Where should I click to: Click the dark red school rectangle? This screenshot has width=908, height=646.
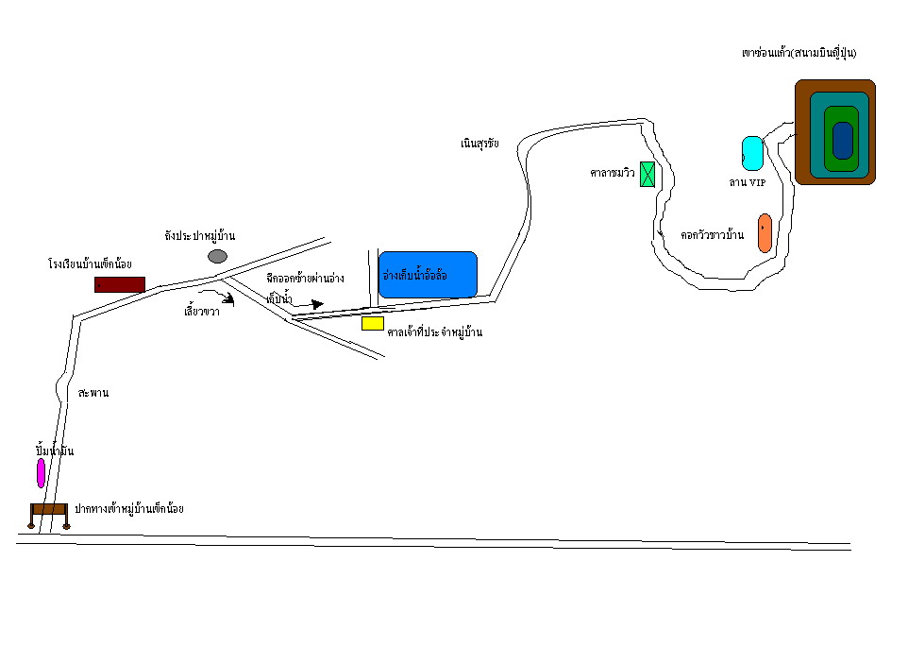pos(119,284)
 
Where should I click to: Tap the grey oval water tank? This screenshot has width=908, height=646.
pos(218,256)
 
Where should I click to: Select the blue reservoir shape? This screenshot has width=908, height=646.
pos(428,274)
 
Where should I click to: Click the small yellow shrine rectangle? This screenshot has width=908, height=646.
pos(373,323)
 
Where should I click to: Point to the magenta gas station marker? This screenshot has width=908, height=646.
pos(41,472)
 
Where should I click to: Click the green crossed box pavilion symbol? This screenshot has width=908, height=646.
pos(647,174)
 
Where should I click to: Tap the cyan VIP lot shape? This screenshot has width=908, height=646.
pos(752,152)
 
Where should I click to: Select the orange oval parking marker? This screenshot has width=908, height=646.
pos(765,233)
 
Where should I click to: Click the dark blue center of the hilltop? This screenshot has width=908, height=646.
pos(842,141)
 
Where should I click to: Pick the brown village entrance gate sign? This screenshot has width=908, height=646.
pos(49,511)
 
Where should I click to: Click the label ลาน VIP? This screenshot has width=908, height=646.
pos(747,182)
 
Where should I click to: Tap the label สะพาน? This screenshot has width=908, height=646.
pos(94,392)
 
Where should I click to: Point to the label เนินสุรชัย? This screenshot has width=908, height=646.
pos(479,144)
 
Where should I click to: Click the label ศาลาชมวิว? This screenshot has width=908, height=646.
pos(612,174)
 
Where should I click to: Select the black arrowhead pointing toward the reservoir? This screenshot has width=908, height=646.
pos(317,304)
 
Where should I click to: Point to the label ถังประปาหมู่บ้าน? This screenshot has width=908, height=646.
pos(199,233)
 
